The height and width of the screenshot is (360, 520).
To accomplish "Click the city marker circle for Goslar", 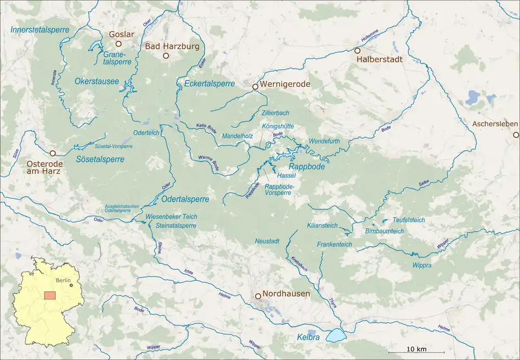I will (x=119, y=44).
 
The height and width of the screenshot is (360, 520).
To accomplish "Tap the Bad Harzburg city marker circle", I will (x=166, y=56).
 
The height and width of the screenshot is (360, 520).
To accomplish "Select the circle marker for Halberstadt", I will (x=357, y=50).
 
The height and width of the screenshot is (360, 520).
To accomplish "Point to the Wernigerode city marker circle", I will (x=255, y=86).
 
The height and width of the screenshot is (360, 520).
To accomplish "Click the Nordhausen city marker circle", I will (x=258, y=295).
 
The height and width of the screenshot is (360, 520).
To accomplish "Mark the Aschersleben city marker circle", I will (x=516, y=135).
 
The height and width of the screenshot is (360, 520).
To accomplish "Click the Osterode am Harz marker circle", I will (x=53, y=153).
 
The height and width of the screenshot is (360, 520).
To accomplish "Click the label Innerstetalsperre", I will (x=40, y=30).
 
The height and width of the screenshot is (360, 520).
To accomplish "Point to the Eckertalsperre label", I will (x=210, y=83).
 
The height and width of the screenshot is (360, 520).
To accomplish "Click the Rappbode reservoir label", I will (x=307, y=166).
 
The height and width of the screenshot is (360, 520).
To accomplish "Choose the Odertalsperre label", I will (x=185, y=199).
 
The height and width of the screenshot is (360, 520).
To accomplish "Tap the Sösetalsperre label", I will (x=100, y=159).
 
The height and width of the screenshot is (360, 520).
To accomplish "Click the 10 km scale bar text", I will (x=416, y=348).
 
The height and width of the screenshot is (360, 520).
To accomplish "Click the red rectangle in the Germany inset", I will (x=50, y=295).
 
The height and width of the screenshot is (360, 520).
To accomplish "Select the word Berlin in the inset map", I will (x=63, y=280).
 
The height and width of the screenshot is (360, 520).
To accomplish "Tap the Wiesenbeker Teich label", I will (x=171, y=216).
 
